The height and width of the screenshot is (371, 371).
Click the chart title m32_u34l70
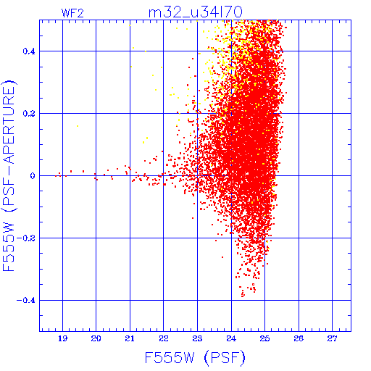pyautogui.click(x=196, y=12)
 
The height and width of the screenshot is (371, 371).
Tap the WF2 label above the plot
pyautogui.click(x=72, y=13)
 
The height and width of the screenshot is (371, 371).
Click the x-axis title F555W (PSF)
pyautogui.click(x=195, y=357)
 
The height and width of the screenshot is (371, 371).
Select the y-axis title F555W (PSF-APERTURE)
pyautogui.click(x=9, y=176)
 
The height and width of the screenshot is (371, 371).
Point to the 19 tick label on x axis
pyautogui.click(x=62, y=338)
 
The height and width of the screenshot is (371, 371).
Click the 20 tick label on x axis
pyautogui.click(x=96, y=338)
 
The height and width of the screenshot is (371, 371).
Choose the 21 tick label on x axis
pyautogui.click(x=130, y=338)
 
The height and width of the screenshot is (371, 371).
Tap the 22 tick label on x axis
pyautogui.click(x=164, y=338)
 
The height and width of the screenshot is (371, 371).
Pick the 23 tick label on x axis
pyautogui.click(x=197, y=338)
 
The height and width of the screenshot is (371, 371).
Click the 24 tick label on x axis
pyautogui.click(x=231, y=338)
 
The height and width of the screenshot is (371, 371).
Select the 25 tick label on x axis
pyautogui.click(x=264, y=338)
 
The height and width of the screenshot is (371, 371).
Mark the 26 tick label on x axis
pyautogui.click(x=299, y=338)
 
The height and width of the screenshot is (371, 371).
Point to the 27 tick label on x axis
pyautogui.click(x=332, y=338)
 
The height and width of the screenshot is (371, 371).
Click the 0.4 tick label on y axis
pyautogui.click(x=29, y=51)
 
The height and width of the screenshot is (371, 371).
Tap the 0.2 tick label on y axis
pyautogui.click(x=29, y=114)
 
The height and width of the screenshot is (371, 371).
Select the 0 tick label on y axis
pyautogui.click(x=33, y=176)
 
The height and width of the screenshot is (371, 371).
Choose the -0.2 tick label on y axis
pyautogui.click(x=26, y=238)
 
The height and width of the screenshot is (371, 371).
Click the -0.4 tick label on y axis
pyautogui.click(x=26, y=301)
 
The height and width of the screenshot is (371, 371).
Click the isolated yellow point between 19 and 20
pyautogui.click(x=78, y=126)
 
